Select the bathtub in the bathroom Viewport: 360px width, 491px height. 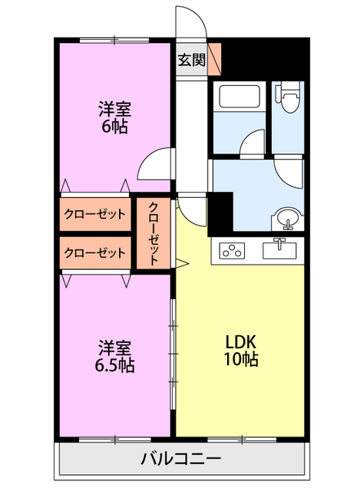pos(239,98)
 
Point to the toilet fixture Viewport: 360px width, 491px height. pos(290,97)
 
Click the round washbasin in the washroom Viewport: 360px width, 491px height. pos(289,218)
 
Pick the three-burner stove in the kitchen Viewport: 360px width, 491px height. pos(231,249)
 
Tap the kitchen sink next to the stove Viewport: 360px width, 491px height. pos(281,249)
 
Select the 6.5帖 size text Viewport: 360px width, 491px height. pos(114,365)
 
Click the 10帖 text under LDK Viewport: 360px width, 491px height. pos(240,359)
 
